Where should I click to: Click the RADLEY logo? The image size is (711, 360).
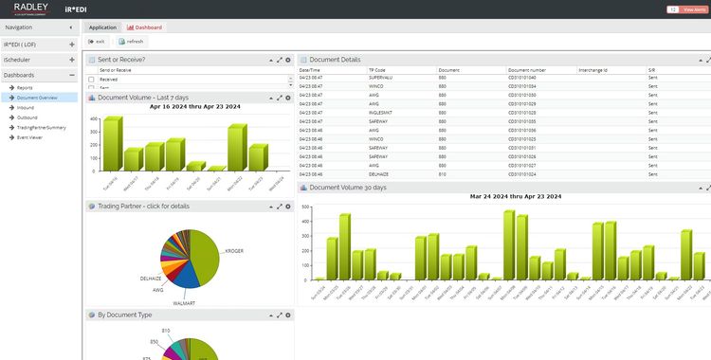(x=31, y=9)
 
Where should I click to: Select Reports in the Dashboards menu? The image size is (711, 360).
(x=24, y=88)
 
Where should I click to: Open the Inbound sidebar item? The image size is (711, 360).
(x=25, y=107)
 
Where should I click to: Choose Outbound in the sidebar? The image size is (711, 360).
(x=27, y=117)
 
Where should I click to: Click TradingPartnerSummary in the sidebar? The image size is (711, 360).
(x=41, y=127)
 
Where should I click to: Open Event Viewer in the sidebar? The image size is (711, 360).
(x=28, y=137)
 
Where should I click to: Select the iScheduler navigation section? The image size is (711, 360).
(x=17, y=59)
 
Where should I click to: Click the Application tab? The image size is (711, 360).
(x=102, y=27)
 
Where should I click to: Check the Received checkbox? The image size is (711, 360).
(x=92, y=80)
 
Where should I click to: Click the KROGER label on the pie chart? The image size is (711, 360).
(x=234, y=251)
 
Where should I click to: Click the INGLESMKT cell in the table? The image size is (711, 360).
(x=384, y=112)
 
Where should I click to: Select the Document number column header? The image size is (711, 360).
(x=527, y=70)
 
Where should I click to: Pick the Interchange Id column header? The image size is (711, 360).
(x=592, y=70)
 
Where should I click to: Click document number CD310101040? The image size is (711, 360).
(x=522, y=78)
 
